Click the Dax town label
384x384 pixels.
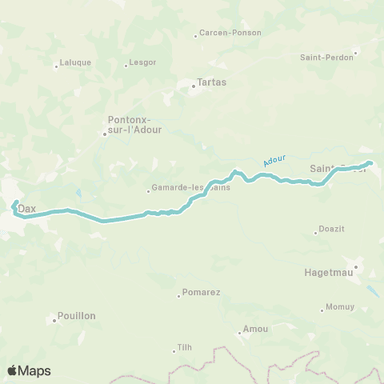pyautogui.click(x=28, y=208)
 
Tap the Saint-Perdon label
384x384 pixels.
pyautogui.click(x=326, y=58)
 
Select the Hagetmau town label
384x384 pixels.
pyautogui.click(x=328, y=272)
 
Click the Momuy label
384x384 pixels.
pyautogui.click(x=339, y=308)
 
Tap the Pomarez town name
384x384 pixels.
pyautogui.click(x=201, y=293)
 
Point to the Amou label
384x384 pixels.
pyautogui.click(x=256, y=330)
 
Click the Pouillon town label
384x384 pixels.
pyautogui.click(x=77, y=316)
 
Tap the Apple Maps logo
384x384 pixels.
pyautogui.click(x=29, y=370)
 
